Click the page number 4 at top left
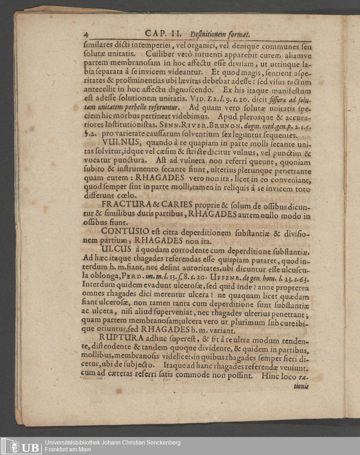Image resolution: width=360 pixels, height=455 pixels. click(86, 35)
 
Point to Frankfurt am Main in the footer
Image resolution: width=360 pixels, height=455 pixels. click(68, 450)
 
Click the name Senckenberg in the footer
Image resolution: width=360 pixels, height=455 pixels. click(161, 443)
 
